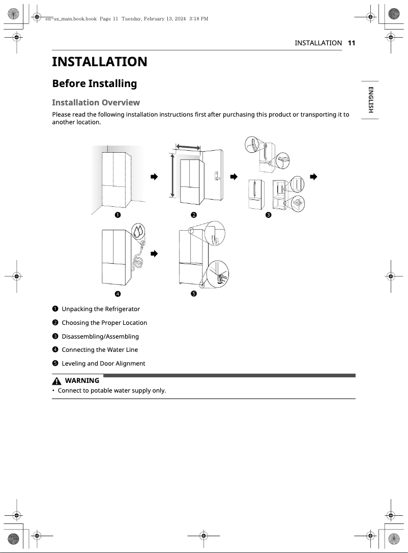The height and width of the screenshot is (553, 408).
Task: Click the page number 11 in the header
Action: point(351,43)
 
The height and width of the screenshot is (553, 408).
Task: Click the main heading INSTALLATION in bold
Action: point(100,62)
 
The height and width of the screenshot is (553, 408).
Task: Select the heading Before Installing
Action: point(95,84)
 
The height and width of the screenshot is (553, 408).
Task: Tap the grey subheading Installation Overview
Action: point(96,102)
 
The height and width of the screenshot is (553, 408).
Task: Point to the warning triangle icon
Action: point(56,381)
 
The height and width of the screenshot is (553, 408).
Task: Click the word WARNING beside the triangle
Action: point(82,381)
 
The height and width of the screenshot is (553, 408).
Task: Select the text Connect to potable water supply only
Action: point(112,391)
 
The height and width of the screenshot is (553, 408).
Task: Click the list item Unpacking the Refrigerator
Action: point(101,309)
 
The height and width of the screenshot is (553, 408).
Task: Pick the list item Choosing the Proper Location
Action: point(104,323)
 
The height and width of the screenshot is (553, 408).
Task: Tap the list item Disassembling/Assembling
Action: point(100,337)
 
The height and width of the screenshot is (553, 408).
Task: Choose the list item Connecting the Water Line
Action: point(100,350)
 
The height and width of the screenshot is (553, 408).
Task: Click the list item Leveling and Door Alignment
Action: point(103,364)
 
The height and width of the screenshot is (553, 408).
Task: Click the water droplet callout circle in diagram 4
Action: point(138,232)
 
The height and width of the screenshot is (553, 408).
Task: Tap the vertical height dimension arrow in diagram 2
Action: point(172,176)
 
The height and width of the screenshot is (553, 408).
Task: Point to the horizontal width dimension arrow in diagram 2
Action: point(187,147)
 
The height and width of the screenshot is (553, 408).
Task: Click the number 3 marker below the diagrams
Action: point(269,215)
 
